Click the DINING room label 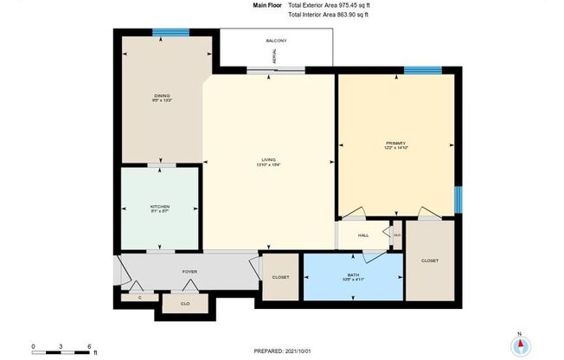pos(161,95)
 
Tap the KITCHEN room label pos(160,207)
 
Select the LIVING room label pos(268,160)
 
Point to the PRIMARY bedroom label pos(395,143)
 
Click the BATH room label pos(353,275)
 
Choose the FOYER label pos(189,271)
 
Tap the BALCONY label pos(276,42)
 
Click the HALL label pos(363,235)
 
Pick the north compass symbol pos(519,344)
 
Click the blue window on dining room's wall pos(170,33)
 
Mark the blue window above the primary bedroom pos(422,70)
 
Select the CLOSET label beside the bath pos(279,277)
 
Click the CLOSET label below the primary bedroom pos(429,260)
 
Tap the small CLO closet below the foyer pos(185,304)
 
